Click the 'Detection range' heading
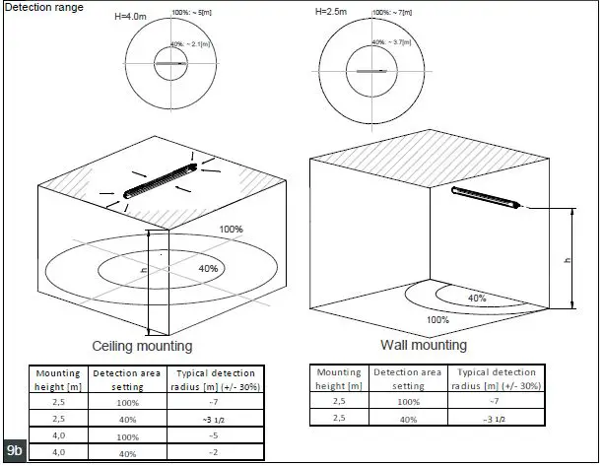(43, 8)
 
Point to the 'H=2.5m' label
(332, 11)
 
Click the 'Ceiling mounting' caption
(142, 347)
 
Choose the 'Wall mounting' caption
(424, 346)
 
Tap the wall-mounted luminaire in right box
(484, 196)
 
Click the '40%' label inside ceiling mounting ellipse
(208, 268)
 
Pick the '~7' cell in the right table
(496, 402)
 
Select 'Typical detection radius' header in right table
(496, 378)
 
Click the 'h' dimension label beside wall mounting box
(566, 259)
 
